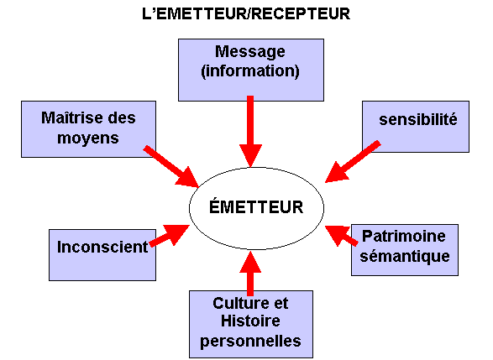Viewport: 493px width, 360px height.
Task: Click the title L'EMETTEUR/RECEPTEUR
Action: point(246,13)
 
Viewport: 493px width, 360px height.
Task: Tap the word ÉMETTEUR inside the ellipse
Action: point(256,207)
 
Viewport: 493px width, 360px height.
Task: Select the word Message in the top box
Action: point(250,52)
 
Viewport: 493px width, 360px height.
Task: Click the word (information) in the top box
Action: point(250,71)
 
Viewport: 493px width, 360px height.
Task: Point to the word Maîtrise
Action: point(72,117)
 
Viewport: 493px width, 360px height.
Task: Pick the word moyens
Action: point(88,138)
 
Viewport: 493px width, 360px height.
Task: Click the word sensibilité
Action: point(418,119)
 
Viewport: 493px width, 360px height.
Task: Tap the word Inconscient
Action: point(102,247)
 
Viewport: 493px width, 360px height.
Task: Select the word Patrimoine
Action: point(404,236)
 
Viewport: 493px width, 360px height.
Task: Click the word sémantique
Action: point(405,256)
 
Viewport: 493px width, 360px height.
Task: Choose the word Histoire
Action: point(250,321)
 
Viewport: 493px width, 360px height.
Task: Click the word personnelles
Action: point(250,342)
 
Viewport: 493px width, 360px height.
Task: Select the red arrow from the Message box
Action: point(250,131)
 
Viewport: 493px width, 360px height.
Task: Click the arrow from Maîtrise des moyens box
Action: point(170,167)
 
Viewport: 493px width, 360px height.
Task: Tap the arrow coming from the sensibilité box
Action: point(353,162)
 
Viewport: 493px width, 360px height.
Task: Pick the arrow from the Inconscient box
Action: point(170,235)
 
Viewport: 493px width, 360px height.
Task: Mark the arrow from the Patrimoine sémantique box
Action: point(342,236)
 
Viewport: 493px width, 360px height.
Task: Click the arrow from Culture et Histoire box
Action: point(250,274)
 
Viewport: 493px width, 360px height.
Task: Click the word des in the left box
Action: point(122,117)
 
